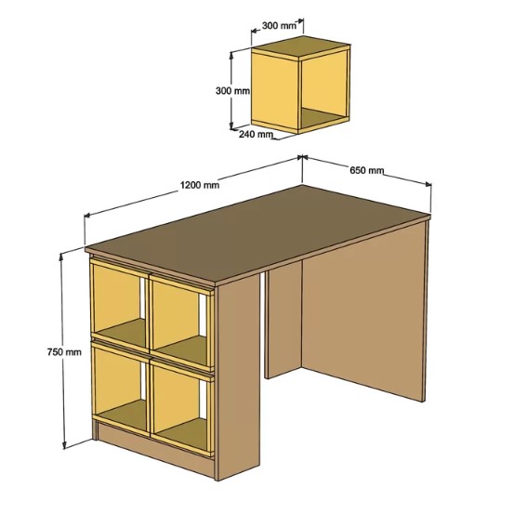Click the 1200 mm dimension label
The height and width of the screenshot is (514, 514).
(x=200, y=185)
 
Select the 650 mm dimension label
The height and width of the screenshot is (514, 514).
(x=366, y=170)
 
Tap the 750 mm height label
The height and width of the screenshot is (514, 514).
(x=64, y=352)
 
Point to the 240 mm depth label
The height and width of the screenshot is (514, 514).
(x=256, y=134)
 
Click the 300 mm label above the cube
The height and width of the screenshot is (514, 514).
(x=279, y=26)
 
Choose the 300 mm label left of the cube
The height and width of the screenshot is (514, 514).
(x=232, y=90)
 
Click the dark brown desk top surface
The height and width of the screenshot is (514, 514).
(x=257, y=232)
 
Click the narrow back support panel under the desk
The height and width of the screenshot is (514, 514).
(x=283, y=322)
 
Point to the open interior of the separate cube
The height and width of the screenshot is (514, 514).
(x=323, y=90)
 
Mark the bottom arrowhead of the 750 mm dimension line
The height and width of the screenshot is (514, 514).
(x=64, y=445)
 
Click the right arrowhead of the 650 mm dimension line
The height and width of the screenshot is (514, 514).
(x=428, y=184)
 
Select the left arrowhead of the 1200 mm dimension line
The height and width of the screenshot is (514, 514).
(x=87, y=215)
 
